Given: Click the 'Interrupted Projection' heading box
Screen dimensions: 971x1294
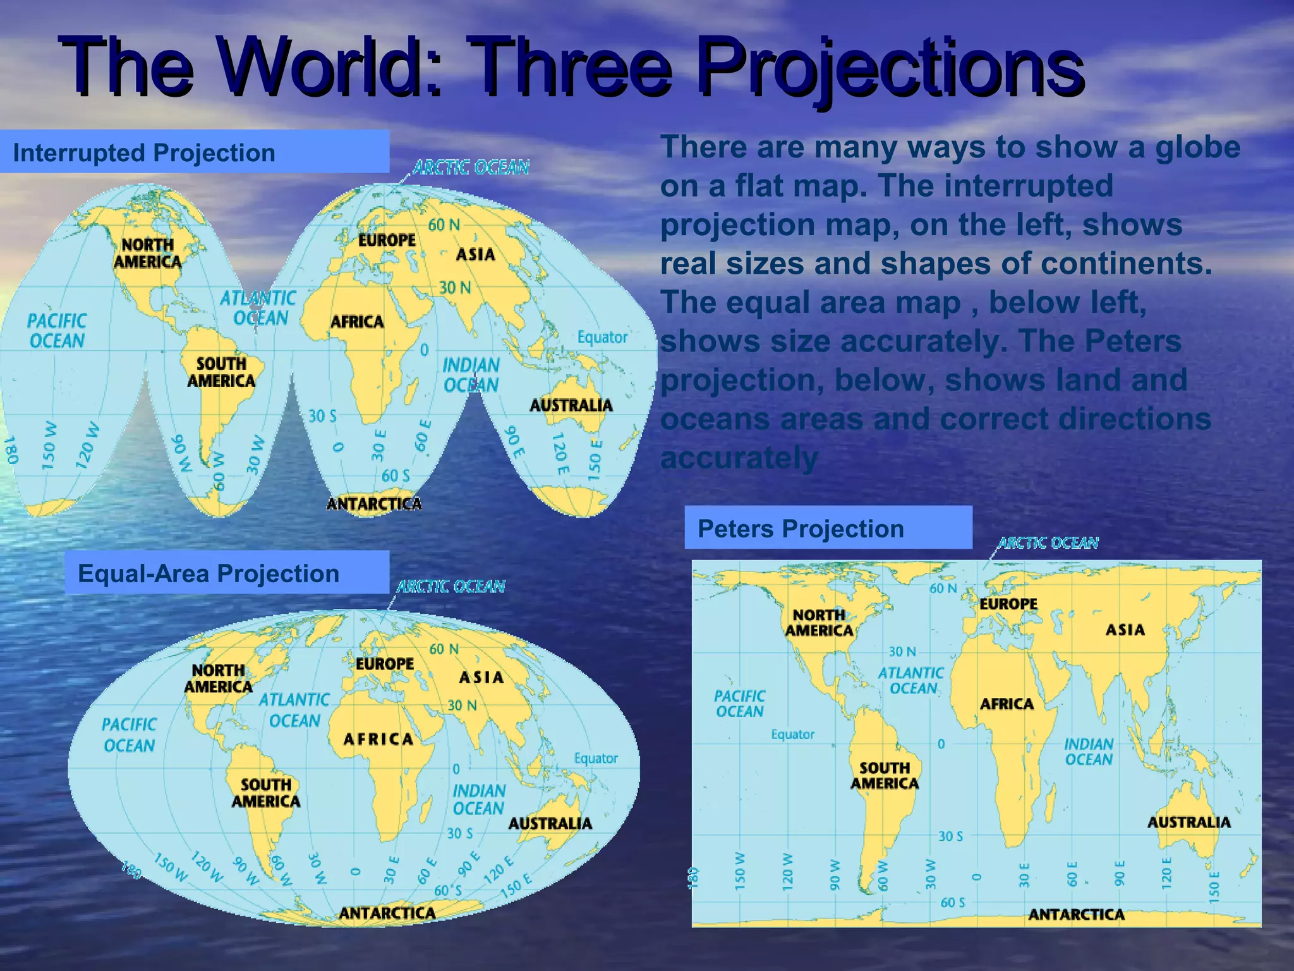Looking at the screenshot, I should click(x=194, y=152).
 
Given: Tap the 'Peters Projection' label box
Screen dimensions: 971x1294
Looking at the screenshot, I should click(x=828, y=528).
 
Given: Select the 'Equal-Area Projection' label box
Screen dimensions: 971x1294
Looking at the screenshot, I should click(x=227, y=573).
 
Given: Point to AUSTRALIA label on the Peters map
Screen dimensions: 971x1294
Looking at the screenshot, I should click(x=1188, y=822).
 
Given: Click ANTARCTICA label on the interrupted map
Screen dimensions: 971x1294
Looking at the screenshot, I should click(x=374, y=504).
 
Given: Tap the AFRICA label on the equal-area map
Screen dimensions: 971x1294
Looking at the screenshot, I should click(x=378, y=739).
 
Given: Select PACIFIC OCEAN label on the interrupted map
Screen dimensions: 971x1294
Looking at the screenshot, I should click(x=56, y=331).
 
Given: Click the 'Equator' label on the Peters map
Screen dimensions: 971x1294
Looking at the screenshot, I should click(x=792, y=735).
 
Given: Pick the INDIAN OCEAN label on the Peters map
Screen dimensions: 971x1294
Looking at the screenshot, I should click(x=1088, y=752).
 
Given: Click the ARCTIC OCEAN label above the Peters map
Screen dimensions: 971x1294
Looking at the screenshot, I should click(x=1048, y=543).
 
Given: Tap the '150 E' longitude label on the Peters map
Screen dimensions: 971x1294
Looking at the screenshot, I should click(x=1214, y=887).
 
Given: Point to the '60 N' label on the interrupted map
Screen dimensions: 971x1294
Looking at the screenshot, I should click(x=444, y=225).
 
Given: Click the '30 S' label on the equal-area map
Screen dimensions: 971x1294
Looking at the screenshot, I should click(x=459, y=834).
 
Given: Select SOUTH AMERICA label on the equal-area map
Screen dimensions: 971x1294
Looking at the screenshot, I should click(x=265, y=793).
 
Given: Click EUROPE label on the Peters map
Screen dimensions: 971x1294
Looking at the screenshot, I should click(x=1008, y=604).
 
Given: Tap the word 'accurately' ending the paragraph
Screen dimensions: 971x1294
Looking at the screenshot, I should click(x=739, y=458).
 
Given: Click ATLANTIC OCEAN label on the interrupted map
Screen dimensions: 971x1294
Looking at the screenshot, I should click(x=258, y=308).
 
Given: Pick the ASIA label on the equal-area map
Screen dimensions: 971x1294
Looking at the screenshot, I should click(x=481, y=678).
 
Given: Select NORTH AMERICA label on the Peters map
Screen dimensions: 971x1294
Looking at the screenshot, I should click(x=819, y=623).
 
